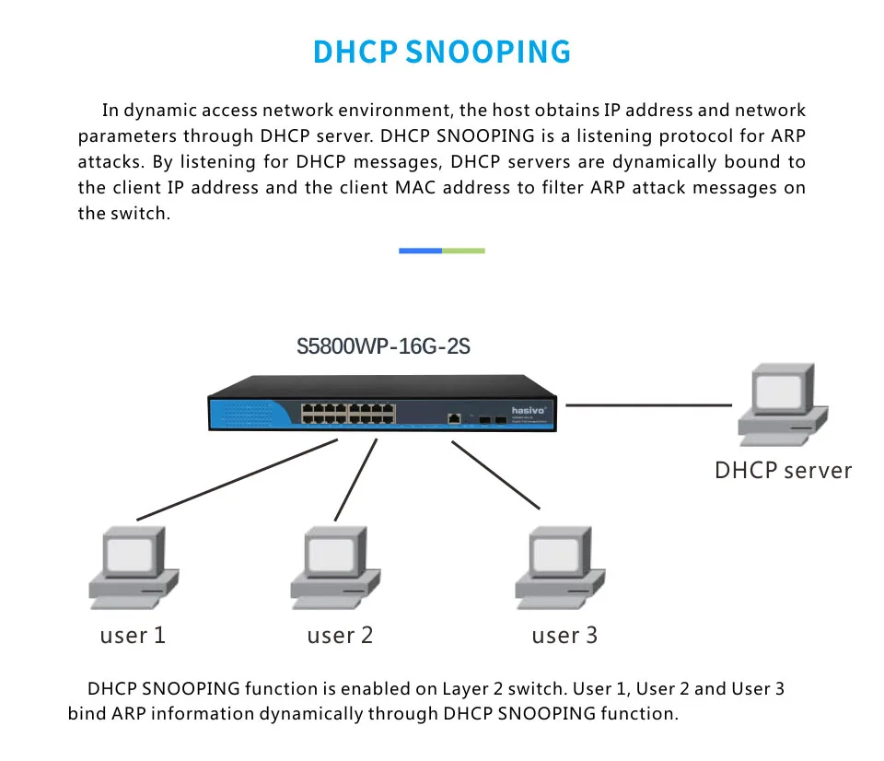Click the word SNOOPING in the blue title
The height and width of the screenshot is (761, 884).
click(488, 52)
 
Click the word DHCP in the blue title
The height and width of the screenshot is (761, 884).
click(355, 52)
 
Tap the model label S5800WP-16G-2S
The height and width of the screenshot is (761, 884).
click(383, 346)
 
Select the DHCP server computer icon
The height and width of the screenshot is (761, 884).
click(783, 405)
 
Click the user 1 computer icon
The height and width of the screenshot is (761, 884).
click(134, 568)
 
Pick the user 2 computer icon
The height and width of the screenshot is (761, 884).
click(335, 568)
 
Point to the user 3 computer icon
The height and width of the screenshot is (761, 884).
click(560, 568)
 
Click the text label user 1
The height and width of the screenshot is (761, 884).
click(133, 636)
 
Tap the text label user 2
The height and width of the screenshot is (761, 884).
click(340, 636)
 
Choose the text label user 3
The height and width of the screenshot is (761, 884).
click(564, 636)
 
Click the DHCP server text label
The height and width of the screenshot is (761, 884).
click(783, 471)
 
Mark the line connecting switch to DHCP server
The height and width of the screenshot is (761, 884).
click(649, 405)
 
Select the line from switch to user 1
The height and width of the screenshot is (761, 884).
click(237, 479)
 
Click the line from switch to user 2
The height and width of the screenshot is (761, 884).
click(355, 480)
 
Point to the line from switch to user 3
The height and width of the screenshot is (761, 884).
click(495, 475)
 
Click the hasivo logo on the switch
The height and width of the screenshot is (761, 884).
click(529, 410)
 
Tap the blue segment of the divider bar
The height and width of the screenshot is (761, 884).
click(420, 251)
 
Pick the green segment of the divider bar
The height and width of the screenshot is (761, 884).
click(463, 251)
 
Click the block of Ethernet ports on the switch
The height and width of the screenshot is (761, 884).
click(348, 413)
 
